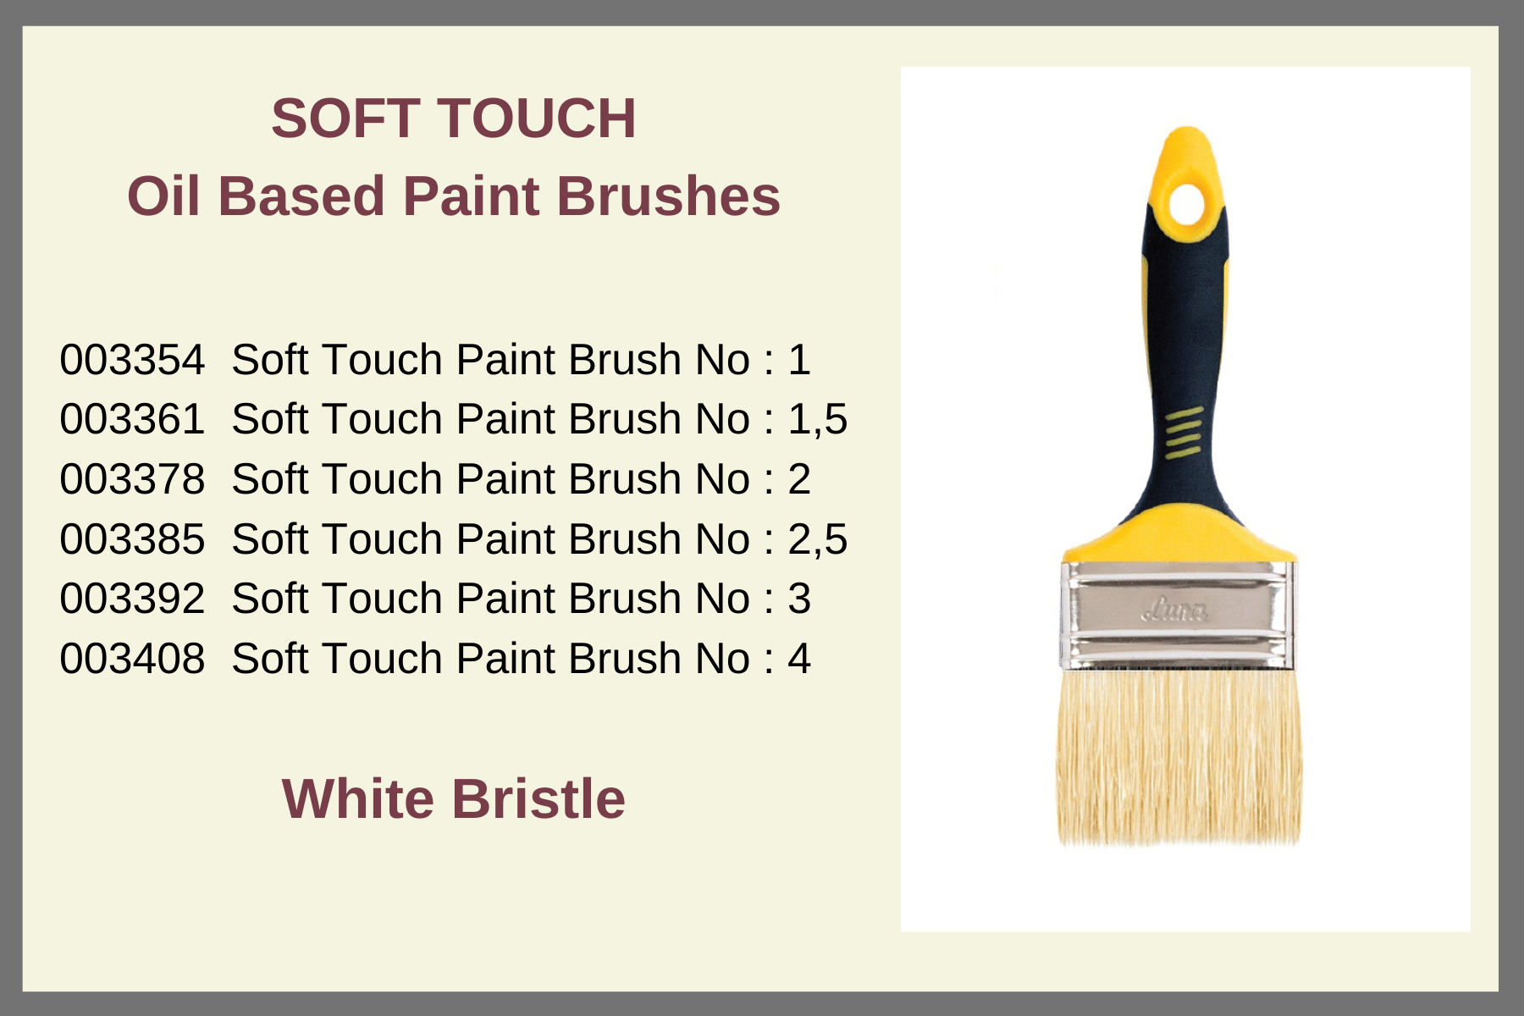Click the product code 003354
[132, 360]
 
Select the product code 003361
[132, 419]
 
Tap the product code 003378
[132, 479]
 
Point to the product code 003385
[132, 539]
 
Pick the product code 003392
[132, 599]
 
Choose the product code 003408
[132, 659]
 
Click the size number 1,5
[817, 420]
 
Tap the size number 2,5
[817, 540]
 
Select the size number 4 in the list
[799, 659]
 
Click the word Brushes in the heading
[668, 196]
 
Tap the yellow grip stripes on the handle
[1184, 432]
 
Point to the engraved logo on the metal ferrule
[1176, 609]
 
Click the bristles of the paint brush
[1179, 757]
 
